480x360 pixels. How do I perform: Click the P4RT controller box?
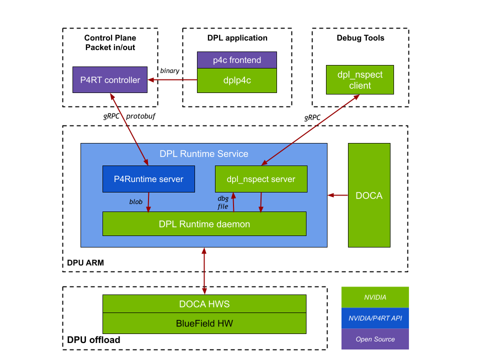coord(110,80)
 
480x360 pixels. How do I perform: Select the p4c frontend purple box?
coord(237,60)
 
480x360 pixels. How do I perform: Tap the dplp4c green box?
coord(237,80)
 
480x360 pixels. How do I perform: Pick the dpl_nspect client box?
coord(360,80)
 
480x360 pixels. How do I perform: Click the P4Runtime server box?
coord(148,179)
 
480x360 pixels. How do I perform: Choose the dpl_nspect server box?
coord(261,179)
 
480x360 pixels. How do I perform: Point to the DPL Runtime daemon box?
coord(204,224)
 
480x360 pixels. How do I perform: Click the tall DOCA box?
coord(369,195)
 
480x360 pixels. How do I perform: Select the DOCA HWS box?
coord(204,304)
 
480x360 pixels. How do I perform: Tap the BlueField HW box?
coord(204,323)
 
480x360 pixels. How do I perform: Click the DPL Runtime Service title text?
coord(204,154)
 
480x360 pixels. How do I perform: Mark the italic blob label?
coord(136,202)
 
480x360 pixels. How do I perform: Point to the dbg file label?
coord(223,202)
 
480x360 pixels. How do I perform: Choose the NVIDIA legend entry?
coord(375,297)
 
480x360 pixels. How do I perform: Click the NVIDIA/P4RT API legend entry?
coord(375,318)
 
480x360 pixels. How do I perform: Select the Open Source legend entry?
coord(375,339)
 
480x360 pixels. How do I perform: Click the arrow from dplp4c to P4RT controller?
coord(172,79)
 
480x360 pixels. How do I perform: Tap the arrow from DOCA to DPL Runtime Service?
coord(338,195)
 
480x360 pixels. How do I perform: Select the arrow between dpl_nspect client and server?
coord(310,129)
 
